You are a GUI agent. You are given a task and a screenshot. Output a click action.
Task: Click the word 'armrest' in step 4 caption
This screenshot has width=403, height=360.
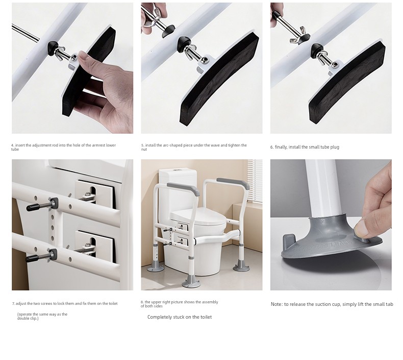click(92, 145)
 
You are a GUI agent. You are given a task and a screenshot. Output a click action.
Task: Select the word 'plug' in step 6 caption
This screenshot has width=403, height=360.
click(334, 147)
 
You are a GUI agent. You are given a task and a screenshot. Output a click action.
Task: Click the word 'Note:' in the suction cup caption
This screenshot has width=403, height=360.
click(277, 304)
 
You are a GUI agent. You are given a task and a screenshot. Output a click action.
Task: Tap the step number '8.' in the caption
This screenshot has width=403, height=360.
click(142, 302)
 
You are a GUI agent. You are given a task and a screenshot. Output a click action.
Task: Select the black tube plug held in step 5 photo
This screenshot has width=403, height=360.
click(168, 31)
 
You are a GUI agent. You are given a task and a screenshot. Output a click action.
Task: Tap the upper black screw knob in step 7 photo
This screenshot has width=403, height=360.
click(33, 207)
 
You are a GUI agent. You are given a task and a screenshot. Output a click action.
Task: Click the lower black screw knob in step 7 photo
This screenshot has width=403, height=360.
click(32, 258)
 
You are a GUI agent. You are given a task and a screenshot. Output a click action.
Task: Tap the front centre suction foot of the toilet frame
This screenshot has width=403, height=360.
click(191, 282)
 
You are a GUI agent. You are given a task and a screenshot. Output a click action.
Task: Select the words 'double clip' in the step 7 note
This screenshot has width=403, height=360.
click(27, 318)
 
